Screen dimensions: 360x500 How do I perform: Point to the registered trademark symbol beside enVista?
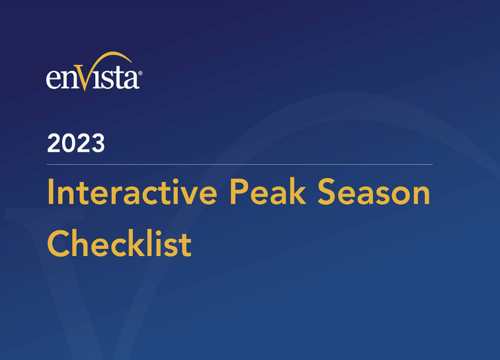tap(140, 68)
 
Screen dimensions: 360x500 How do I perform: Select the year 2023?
tap(75, 143)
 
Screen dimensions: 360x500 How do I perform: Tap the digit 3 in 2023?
tap(97, 143)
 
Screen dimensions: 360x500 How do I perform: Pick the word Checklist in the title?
tap(119, 243)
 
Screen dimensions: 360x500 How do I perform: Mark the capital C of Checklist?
tap(59, 244)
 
